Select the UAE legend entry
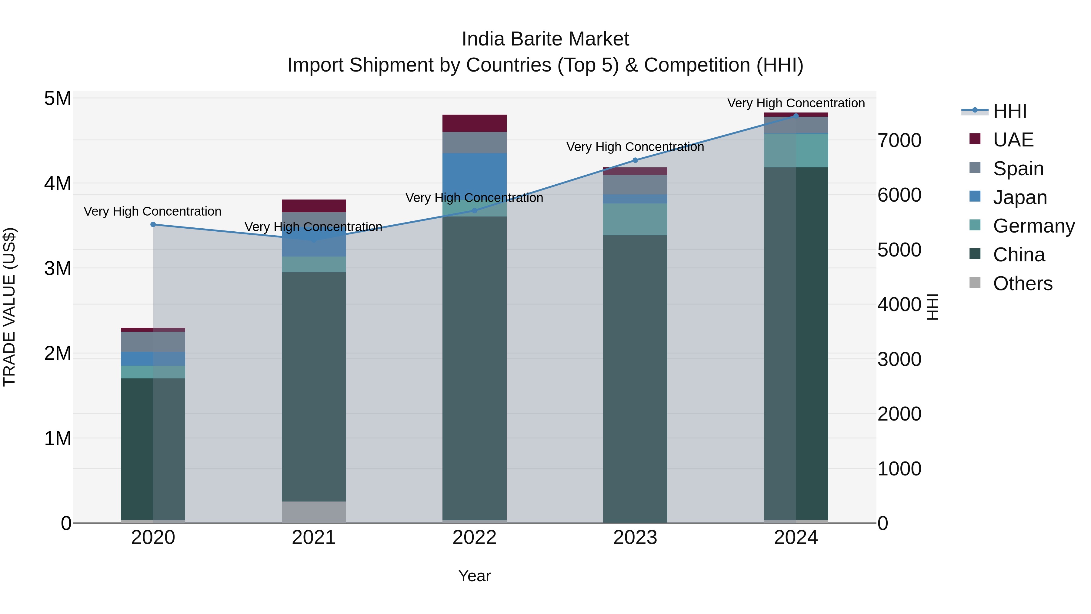tap(1013, 140)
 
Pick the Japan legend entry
tap(1020, 197)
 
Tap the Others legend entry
tap(1023, 284)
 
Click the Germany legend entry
tap(1033, 226)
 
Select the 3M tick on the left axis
tap(58, 268)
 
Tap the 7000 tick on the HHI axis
tap(899, 140)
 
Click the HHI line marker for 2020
tap(153, 225)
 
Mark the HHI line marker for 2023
tap(635, 160)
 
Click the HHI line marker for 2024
tap(796, 116)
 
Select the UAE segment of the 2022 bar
tap(474, 123)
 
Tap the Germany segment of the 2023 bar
tap(635, 220)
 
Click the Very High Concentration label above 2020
tap(152, 211)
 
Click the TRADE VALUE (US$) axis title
tap(9, 307)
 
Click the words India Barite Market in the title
tap(545, 39)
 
